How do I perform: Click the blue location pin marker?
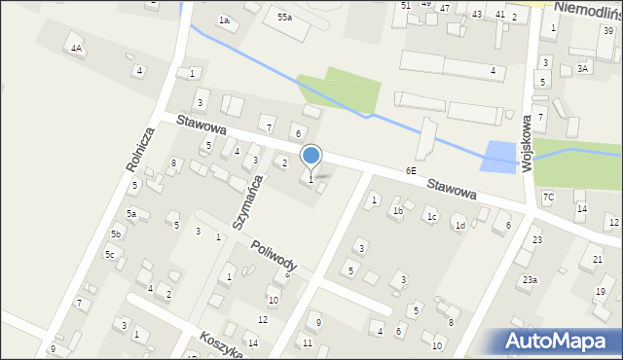311,157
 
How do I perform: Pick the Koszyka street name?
222,343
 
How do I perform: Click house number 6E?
411,170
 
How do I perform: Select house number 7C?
548,198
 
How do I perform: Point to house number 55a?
284,18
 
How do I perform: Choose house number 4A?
76,47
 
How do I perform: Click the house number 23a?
529,279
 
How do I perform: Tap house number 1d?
458,226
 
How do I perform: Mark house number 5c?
110,255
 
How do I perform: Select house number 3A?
582,68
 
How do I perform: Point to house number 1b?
397,210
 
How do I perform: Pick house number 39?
606,31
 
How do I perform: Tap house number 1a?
224,20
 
